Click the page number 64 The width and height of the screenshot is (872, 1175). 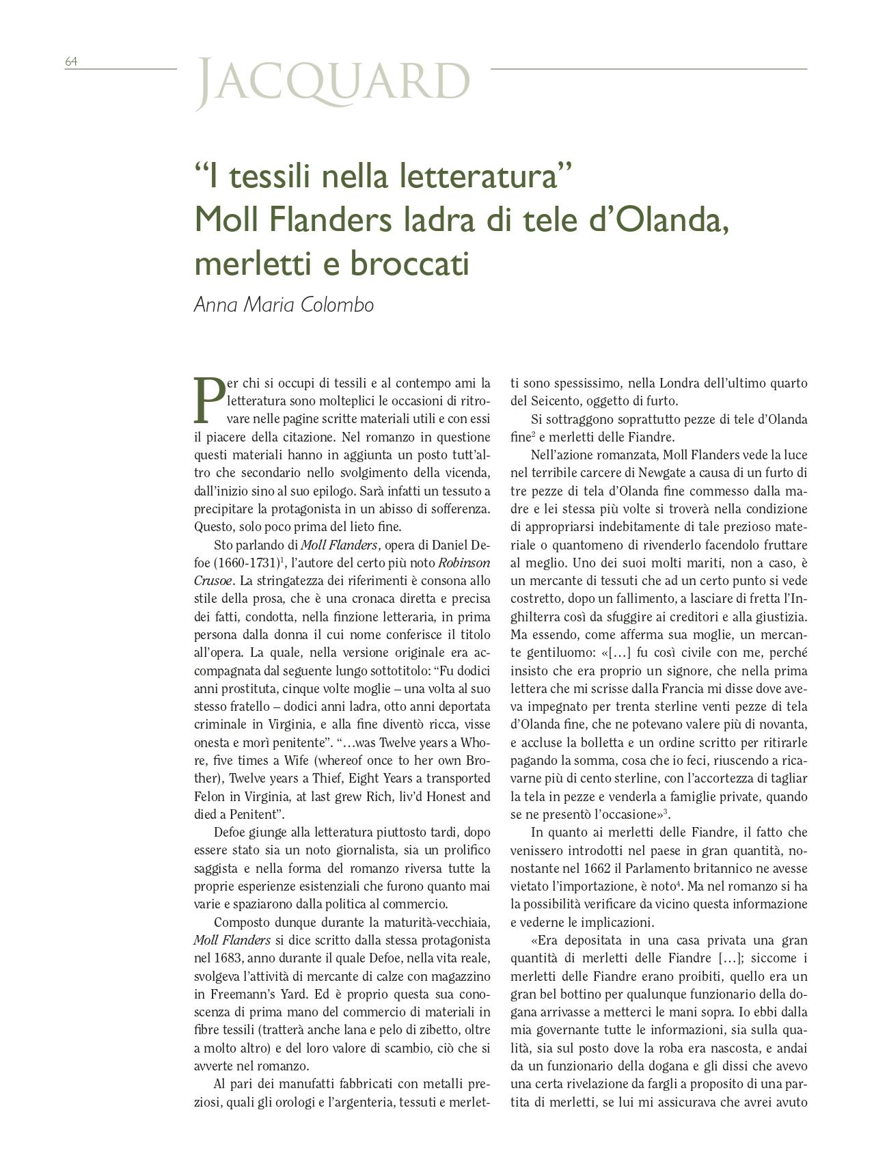[x=71, y=62]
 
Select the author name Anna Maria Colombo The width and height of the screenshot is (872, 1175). [x=284, y=304]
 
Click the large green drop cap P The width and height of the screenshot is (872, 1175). [x=208, y=400]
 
